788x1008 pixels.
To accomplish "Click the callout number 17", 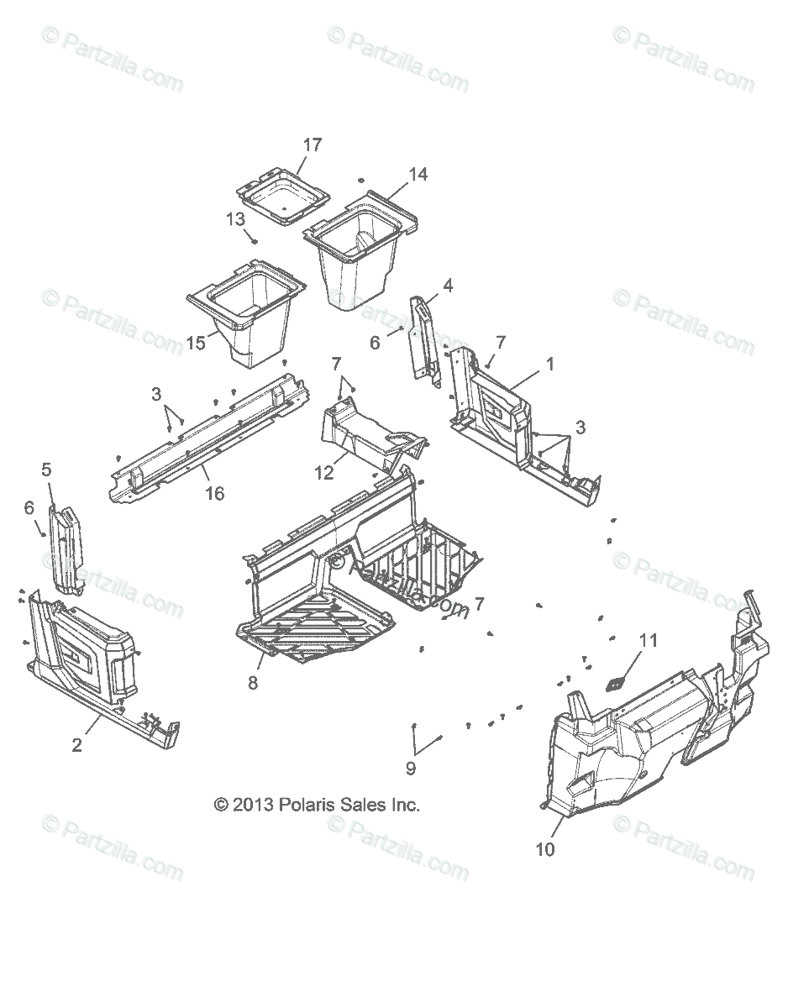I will (x=313, y=145).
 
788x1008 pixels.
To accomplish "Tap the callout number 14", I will (x=418, y=175).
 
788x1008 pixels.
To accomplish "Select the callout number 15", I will (x=196, y=344).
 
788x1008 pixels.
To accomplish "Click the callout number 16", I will (x=215, y=493).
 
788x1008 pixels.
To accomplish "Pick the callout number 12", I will (x=324, y=473).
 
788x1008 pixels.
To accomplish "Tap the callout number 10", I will (x=545, y=849).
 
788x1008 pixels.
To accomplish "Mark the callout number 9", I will (x=411, y=767).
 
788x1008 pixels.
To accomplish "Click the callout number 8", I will (x=253, y=683).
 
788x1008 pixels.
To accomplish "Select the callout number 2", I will (x=76, y=744).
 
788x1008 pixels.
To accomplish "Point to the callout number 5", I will (x=46, y=470).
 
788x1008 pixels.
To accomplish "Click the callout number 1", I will (x=550, y=365).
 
